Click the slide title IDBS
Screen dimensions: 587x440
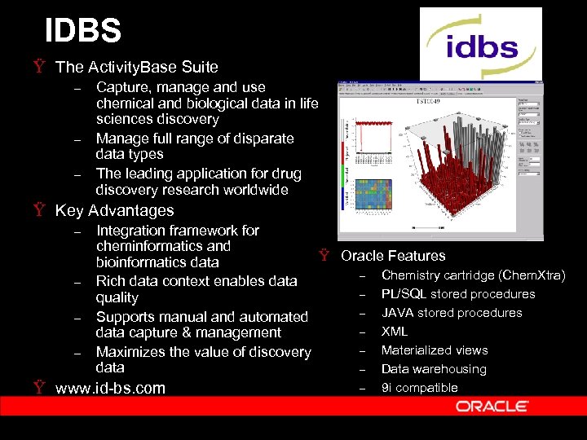[83, 31]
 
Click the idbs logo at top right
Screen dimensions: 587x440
[480, 44]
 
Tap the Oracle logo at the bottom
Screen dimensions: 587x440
[492, 405]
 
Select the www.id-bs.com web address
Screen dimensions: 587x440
[110, 388]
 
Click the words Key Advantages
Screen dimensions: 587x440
[114, 210]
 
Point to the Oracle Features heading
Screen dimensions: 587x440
[393, 256]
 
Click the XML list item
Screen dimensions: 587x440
[395, 332]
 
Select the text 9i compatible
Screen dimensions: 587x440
[419, 388]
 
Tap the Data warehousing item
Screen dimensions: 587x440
[434, 369]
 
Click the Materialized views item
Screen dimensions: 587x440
[435, 350]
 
